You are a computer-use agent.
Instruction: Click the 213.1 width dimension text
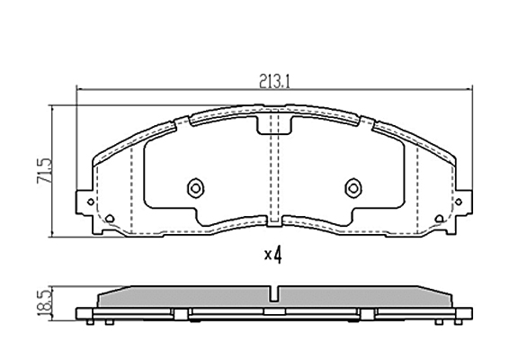click(x=274, y=81)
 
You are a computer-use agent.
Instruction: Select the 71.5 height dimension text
click(x=45, y=171)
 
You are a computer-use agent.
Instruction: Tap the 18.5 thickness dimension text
click(x=45, y=303)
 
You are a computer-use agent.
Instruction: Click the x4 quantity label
click(x=273, y=255)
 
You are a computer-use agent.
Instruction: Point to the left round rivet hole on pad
click(x=195, y=188)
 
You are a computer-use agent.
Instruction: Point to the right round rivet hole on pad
click(x=353, y=188)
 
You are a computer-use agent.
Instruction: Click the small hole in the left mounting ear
click(x=91, y=202)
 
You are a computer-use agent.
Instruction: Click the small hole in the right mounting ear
click(x=459, y=202)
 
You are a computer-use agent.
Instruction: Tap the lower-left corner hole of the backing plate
click(x=110, y=219)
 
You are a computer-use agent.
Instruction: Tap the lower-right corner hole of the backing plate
click(x=439, y=219)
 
